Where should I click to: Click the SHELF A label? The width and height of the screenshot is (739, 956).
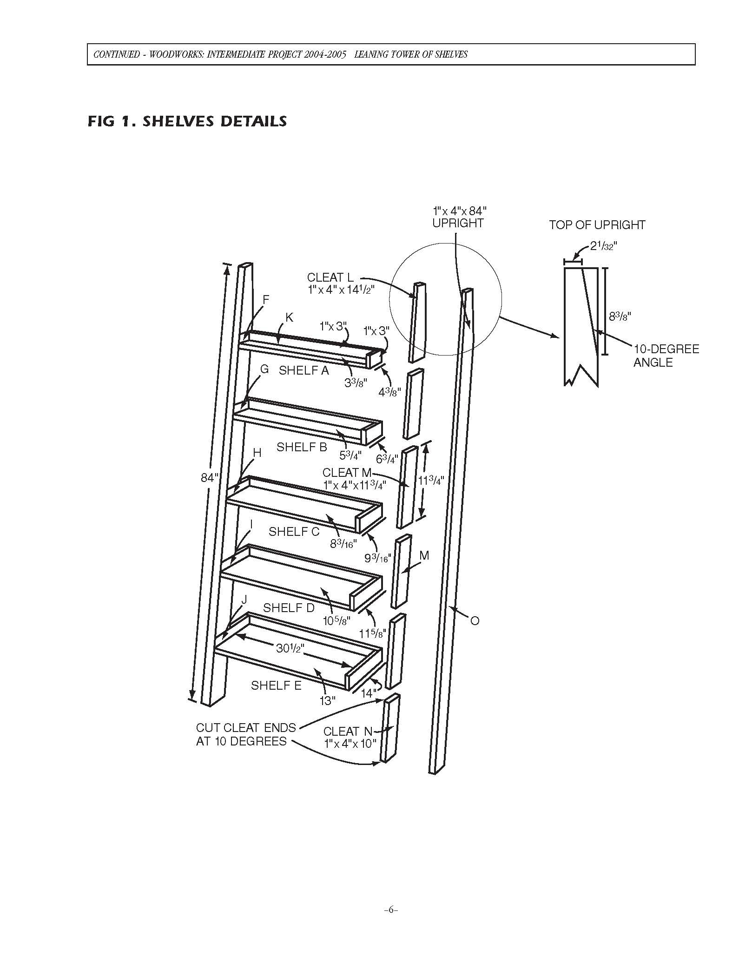click(x=304, y=370)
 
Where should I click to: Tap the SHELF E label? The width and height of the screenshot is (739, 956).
click(x=276, y=686)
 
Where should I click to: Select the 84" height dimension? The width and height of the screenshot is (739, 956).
click(x=210, y=478)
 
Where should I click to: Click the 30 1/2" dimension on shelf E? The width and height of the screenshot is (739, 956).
click(x=290, y=648)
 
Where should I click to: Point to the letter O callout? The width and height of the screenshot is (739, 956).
click(x=475, y=621)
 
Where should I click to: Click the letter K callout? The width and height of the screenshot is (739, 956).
click(x=289, y=317)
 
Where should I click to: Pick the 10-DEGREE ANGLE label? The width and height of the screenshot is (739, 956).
click(x=666, y=356)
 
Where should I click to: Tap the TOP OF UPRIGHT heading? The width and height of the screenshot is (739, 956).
click(x=597, y=225)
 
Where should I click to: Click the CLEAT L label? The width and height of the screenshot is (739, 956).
click(x=330, y=277)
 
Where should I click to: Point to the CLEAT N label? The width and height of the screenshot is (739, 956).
click(x=348, y=732)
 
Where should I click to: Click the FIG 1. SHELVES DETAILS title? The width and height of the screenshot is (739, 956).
click(x=187, y=122)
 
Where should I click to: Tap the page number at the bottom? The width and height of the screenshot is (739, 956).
click(x=391, y=910)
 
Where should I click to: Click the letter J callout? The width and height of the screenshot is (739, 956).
click(x=244, y=600)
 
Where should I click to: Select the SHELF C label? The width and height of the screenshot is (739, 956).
click(x=294, y=532)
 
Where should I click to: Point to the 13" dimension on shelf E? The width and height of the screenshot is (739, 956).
click(x=327, y=701)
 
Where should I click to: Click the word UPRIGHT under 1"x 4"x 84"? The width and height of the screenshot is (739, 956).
click(x=458, y=223)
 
